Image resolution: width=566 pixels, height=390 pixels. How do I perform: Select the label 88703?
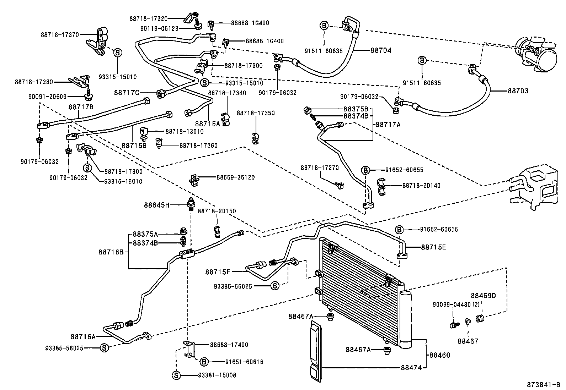(x=518, y=91)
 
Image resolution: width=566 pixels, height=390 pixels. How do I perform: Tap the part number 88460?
(x=439, y=355)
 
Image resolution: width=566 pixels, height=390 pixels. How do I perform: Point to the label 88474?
(x=412, y=368)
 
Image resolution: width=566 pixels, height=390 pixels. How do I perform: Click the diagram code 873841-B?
(x=543, y=385)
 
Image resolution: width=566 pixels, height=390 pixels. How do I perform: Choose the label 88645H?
(x=157, y=205)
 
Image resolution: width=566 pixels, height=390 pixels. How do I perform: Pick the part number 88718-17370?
(x=59, y=35)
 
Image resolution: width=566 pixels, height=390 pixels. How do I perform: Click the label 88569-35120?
(x=235, y=177)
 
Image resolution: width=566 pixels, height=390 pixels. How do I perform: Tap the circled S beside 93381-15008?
(x=177, y=375)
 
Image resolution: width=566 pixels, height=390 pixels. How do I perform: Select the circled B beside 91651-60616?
(x=204, y=362)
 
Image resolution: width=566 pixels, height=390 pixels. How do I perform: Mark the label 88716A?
(x=83, y=336)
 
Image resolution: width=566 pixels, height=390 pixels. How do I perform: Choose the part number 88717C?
(x=127, y=93)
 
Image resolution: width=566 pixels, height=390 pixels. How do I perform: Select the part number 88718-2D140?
(x=421, y=185)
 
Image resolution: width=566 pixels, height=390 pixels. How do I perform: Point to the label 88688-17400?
(x=229, y=345)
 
